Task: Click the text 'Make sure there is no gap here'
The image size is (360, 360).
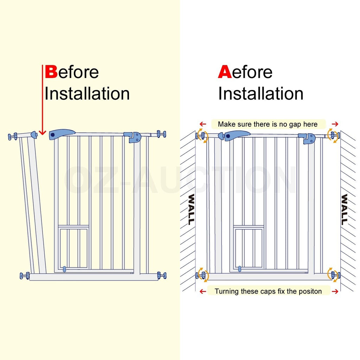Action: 268,124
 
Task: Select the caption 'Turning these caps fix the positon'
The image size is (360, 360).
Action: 268,291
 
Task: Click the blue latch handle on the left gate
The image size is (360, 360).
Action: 62,134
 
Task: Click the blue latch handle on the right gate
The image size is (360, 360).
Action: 236,135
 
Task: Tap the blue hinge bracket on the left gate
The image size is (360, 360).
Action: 134,137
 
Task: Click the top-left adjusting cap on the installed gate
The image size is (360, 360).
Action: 201,135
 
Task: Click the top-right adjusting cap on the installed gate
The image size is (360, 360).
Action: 333,135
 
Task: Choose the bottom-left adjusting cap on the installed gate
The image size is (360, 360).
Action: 201,275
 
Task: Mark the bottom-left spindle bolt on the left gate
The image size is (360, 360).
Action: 25,276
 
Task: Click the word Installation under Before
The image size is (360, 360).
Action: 87,94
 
